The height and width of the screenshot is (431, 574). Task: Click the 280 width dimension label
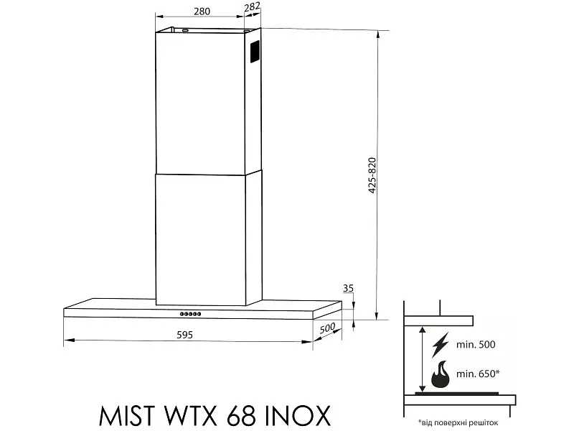202,11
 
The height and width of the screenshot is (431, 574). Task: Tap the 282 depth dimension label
252,7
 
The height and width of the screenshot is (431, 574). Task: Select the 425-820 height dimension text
372,175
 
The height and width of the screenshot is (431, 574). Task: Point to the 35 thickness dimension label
349,289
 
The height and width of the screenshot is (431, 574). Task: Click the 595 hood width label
184,335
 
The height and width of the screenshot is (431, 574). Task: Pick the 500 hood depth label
327,328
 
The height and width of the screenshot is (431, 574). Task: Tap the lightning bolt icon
440,345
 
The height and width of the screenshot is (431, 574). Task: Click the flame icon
441,374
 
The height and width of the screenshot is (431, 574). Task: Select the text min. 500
476,345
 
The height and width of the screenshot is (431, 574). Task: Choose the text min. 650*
478,374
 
